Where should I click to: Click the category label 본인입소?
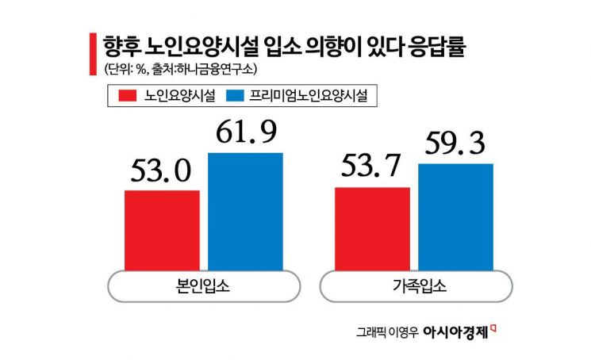pyautogui.click(x=204, y=287)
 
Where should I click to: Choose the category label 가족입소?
pyautogui.click(x=414, y=287)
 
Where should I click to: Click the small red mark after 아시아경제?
pyautogui.click(x=494, y=327)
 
